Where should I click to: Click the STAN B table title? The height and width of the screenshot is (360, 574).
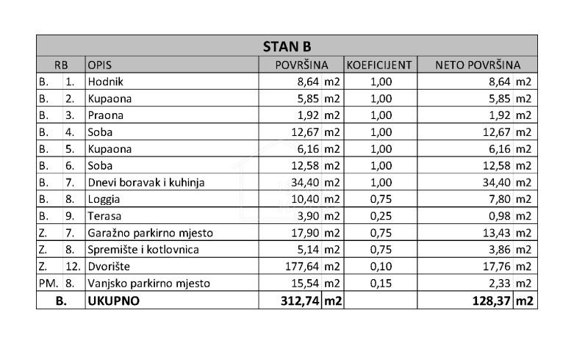[x=287, y=46]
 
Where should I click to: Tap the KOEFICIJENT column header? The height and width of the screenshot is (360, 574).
[x=379, y=65]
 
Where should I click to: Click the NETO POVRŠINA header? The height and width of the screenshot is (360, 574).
[x=478, y=65]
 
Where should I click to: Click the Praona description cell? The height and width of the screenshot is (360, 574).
[x=106, y=115]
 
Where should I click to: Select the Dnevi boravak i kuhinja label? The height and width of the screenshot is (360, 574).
[x=146, y=182]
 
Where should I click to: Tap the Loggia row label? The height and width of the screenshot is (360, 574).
[x=104, y=199]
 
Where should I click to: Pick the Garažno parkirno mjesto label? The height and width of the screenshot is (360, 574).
[x=151, y=233]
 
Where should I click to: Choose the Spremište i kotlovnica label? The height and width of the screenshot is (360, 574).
[x=143, y=250]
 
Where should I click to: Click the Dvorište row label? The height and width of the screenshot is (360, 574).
[x=109, y=267]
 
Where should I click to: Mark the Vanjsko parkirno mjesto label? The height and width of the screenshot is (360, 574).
[x=149, y=284]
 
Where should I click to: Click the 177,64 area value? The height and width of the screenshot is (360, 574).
[x=300, y=267]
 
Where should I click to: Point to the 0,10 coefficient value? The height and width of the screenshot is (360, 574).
[x=381, y=267]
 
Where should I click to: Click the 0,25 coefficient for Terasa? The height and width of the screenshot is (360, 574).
[x=381, y=216]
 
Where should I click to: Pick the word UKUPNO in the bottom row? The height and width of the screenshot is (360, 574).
[x=112, y=300]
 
